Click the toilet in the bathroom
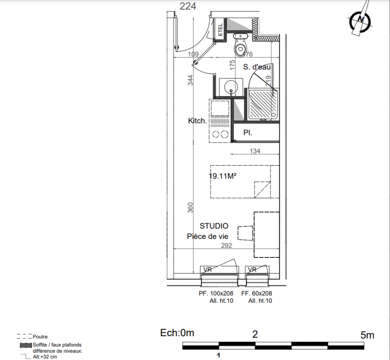click(x=240, y=45)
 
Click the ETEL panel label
click(x=220, y=30)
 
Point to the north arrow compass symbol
click(x=361, y=19)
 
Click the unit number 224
click(x=188, y=6)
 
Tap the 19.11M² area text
click(x=222, y=176)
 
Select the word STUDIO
click(x=214, y=226)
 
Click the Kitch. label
click(x=197, y=121)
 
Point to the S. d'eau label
click(x=257, y=67)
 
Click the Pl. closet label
click(x=248, y=133)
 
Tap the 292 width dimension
click(x=227, y=246)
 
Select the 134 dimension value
click(x=255, y=151)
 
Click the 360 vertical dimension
click(x=190, y=208)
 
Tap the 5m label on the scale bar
click(x=367, y=335)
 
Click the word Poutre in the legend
click(x=40, y=337)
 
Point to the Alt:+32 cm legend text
click(x=45, y=357)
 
